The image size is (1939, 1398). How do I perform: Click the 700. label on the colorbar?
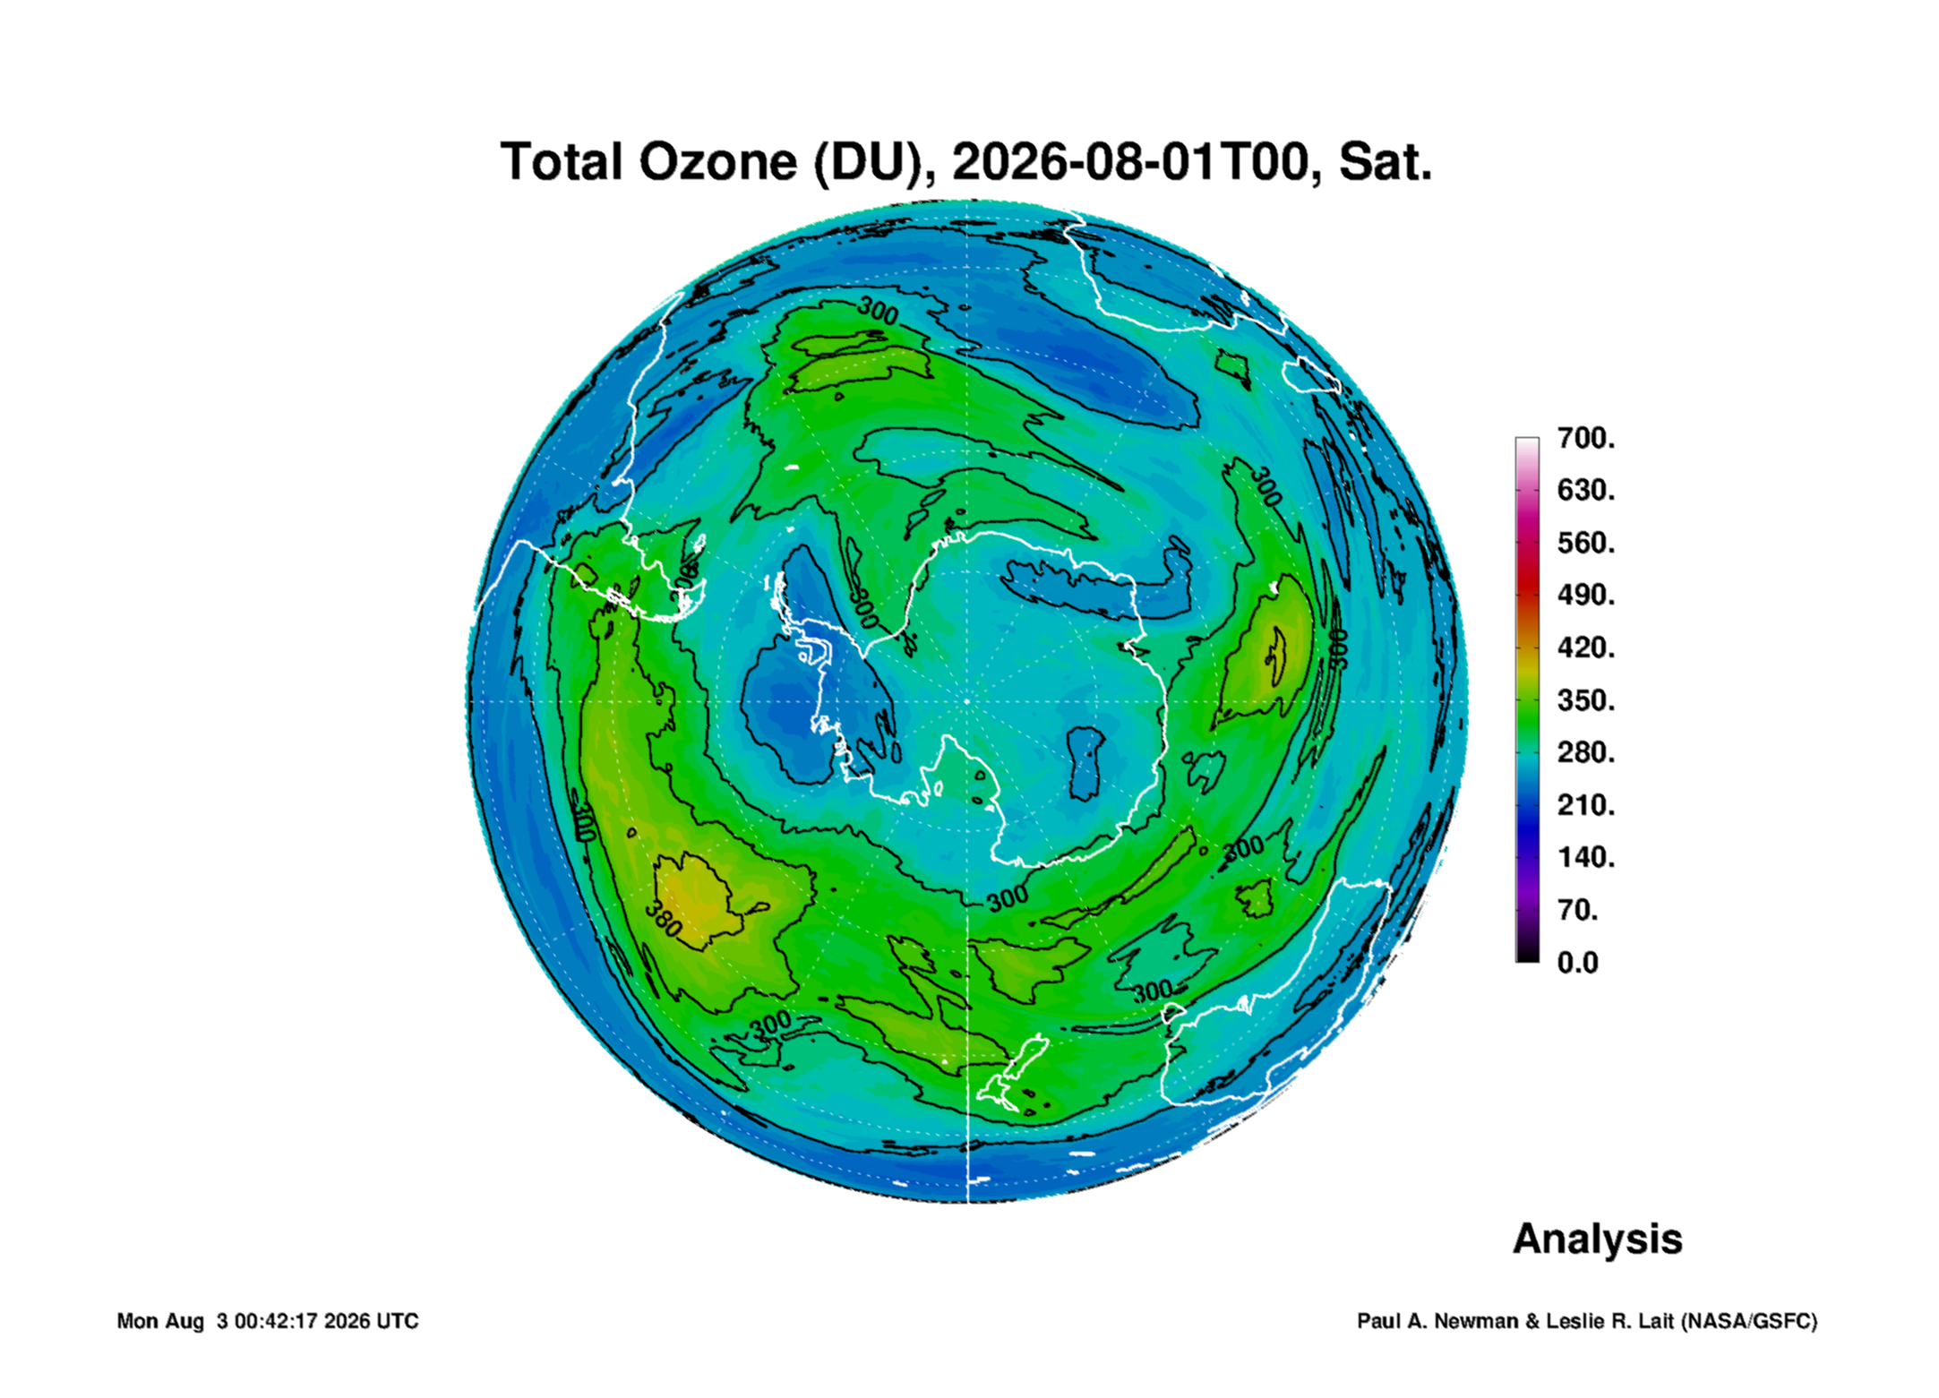coord(1586,439)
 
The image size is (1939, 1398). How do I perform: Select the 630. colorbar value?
coord(1586,491)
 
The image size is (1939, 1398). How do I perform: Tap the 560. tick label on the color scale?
coord(1586,544)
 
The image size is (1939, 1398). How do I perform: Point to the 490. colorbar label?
coord(1586,596)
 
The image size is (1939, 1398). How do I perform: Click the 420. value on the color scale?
coord(1586,648)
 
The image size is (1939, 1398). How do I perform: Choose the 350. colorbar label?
coord(1586,700)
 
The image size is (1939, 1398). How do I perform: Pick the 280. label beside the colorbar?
coord(1586,753)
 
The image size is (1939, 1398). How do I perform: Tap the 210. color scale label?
coord(1586,805)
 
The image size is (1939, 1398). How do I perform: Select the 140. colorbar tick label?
coord(1586,858)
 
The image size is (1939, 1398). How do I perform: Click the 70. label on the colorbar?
coord(1578,911)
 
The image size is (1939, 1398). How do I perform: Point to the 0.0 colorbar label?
coord(1578,963)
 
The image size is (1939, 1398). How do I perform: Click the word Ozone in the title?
coord(717,162)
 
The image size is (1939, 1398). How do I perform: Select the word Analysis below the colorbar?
coord(1598,1239)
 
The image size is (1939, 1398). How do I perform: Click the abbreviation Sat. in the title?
coord(1386,162)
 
